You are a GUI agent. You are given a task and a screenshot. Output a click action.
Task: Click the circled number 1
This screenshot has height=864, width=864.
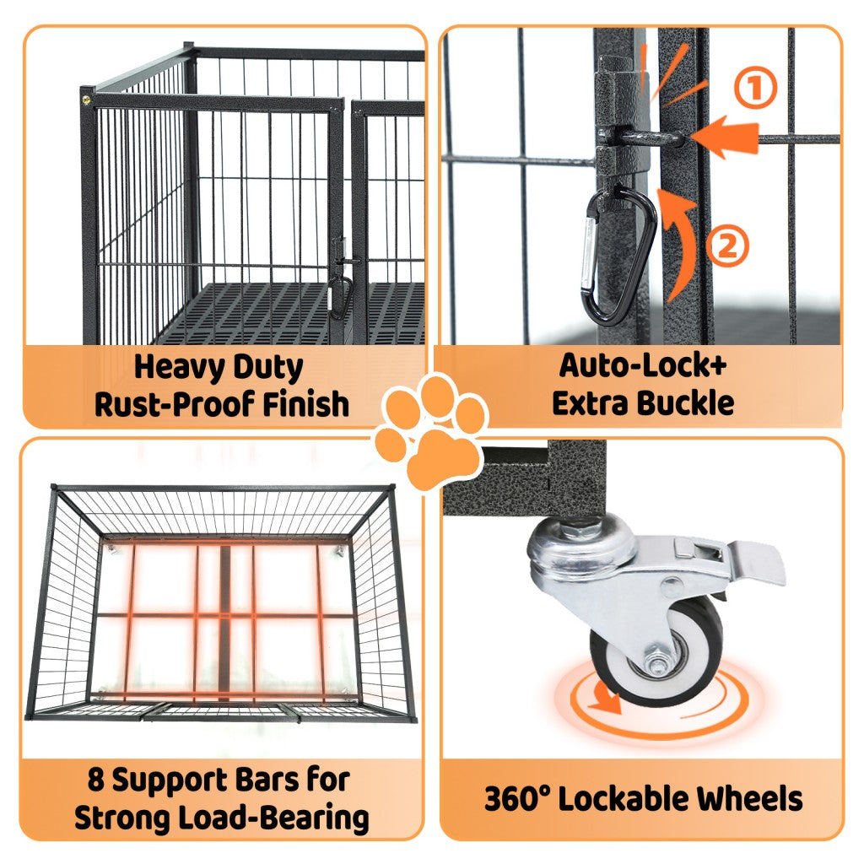point(755,87)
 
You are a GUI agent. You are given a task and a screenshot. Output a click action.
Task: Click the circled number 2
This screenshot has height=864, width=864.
point(727,246)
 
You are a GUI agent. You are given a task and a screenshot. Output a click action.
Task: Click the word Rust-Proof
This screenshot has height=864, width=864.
point(175,404)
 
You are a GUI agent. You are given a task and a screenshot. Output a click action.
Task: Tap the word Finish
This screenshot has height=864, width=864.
point(305,404)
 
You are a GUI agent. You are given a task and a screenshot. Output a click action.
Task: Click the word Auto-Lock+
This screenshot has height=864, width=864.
point(643,365)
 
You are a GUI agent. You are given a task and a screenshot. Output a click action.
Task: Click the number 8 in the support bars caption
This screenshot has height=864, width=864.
point(96,780)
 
